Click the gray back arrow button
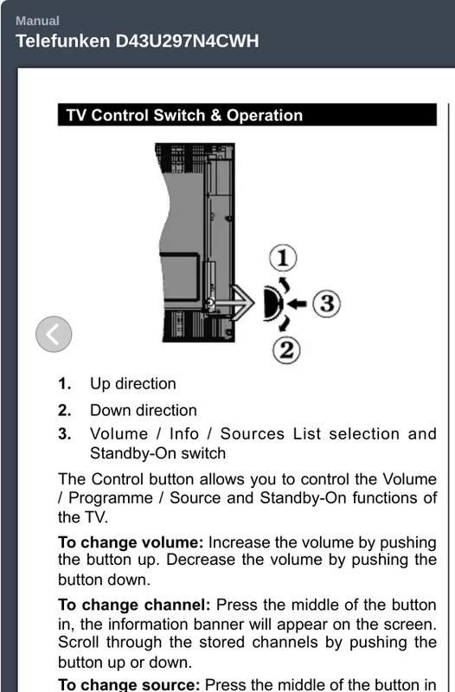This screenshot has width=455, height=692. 54,334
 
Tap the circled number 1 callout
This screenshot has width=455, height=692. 283,258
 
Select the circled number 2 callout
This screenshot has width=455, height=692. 287,350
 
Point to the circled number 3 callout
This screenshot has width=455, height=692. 327,304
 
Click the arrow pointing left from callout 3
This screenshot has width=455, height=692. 297,304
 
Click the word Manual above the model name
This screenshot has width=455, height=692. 37,21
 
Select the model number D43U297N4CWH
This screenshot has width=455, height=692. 187,41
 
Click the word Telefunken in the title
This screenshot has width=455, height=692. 63,41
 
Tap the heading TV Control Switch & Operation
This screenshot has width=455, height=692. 184,115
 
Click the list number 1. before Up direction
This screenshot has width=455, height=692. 65,383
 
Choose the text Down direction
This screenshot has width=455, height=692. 144,410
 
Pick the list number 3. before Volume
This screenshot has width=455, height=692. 65,433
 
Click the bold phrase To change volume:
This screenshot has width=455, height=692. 131,542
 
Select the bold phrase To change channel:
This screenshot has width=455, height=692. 134,605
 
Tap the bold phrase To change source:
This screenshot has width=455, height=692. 129,684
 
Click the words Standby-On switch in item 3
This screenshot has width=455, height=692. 158,453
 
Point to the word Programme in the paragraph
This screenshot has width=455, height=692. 111,498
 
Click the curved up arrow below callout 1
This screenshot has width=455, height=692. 285,284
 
